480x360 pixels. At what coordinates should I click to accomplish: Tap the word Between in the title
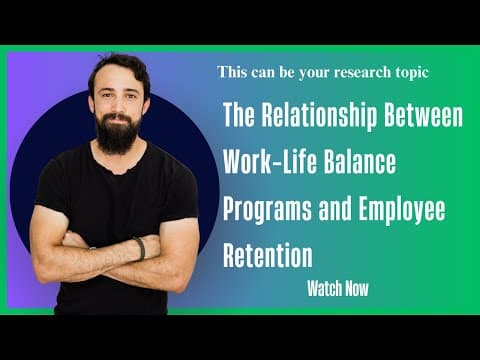point(422,117)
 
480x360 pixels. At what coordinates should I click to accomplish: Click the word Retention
point(266,255)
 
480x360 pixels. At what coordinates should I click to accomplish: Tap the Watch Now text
point(338,290)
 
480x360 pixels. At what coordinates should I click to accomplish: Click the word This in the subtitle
point(230,73)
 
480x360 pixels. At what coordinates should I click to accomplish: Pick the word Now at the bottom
point(355,290)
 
